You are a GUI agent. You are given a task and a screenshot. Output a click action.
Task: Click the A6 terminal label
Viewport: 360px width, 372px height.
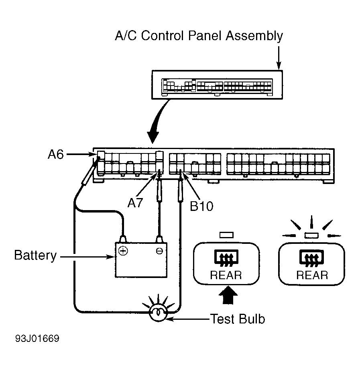(x=56, y=154)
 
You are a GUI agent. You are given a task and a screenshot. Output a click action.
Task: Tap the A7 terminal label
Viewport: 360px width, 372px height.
(x=135, y=203)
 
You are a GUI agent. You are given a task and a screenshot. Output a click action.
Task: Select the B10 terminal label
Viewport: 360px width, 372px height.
(x=201, y=206)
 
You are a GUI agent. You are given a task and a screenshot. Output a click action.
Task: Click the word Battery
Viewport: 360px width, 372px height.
(x=36, y=256)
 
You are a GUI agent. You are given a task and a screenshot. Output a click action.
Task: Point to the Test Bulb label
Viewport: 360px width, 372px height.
(x=238, y=319)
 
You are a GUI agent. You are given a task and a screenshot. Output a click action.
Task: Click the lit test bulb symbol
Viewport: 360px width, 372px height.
(x=158, y=314)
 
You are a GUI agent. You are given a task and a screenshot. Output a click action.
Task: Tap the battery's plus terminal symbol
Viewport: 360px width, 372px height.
(x=123, y=251)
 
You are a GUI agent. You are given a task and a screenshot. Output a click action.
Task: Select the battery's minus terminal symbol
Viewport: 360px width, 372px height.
(x=159, y=251)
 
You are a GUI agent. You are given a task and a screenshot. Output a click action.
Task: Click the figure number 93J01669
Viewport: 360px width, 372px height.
(x=37, y=339)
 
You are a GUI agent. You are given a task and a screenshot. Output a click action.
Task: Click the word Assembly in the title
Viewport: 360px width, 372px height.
(x=254, y=36)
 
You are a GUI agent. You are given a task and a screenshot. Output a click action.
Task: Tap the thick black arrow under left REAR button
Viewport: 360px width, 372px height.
(x=228, y=295)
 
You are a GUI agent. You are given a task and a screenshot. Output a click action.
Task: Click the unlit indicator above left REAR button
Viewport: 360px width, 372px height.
(x=227, y=235)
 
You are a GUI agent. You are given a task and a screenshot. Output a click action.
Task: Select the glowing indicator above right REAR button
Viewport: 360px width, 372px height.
(x=312, y=235)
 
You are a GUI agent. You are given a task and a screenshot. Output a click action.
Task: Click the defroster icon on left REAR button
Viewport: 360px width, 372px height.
(x=226, y=258)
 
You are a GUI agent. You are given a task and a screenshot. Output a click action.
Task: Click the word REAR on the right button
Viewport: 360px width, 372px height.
(x=312, y=276)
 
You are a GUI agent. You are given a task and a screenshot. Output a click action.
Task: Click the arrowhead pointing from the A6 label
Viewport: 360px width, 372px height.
(x=94, y=154)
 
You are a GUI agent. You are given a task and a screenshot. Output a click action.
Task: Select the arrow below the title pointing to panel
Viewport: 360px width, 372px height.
(x=279, y=58)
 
